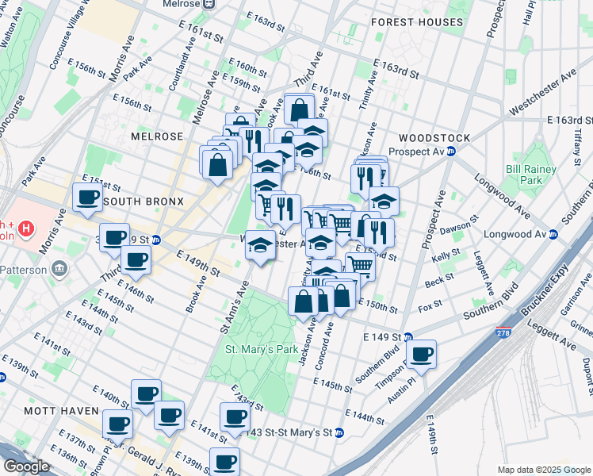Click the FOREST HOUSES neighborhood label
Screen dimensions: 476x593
416,23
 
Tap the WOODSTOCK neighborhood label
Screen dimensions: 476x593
434,137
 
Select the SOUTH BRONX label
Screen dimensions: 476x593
143,202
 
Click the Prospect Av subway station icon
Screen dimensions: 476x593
451,151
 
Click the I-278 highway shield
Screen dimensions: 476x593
501,332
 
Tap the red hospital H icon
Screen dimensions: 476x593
27,230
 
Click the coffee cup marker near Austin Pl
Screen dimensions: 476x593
422,354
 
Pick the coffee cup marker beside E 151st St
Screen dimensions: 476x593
87,198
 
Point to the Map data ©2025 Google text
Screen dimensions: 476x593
543,470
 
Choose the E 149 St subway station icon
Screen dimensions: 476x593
407,337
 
